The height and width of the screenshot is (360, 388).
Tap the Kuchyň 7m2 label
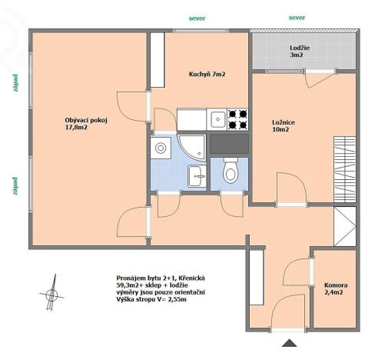pos(207,74)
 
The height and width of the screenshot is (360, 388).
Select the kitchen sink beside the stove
pos(218,119)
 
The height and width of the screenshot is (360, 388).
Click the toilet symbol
pos(230,172)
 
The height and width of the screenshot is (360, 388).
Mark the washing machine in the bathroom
pos(162,148)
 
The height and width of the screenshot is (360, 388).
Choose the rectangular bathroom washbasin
pos(197,175)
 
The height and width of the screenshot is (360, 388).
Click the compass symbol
pos(52,292)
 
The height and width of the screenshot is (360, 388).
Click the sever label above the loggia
pos(297,16)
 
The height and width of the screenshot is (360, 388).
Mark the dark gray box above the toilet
pos(229,143)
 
